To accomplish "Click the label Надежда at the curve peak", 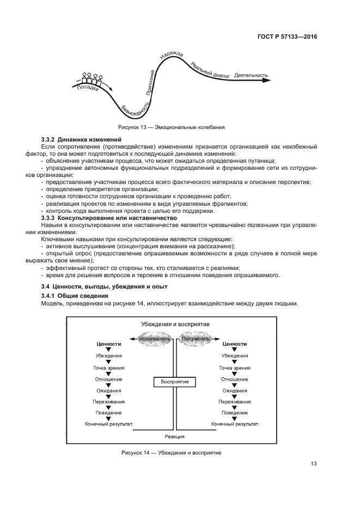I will (172, 56).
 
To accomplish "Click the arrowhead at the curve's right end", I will (267, 80).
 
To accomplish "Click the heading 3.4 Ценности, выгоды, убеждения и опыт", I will (105, 286).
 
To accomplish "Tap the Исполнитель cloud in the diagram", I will (155, 339).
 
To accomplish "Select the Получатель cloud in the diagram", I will (196, 339).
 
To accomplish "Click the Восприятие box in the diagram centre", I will (174, 382).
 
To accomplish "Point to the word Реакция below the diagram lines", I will (174, 437).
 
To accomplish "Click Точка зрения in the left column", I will (109, 367).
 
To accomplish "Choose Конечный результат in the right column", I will (234, 424).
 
